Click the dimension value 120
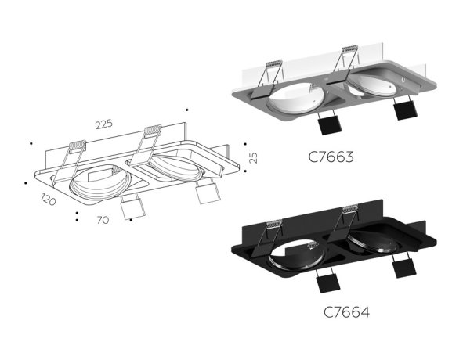pos(49,201)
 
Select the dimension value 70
pos(102,221)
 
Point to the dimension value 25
pos(252,157)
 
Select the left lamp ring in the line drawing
pos(96,182)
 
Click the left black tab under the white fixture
pos(327,125)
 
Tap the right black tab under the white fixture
pos(403,110)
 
